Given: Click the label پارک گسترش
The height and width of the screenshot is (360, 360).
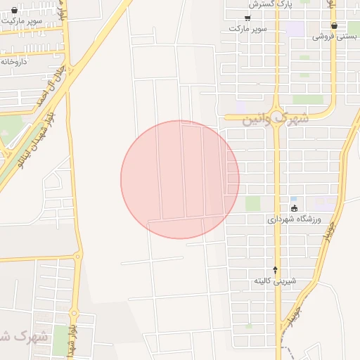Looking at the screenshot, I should [256, 4].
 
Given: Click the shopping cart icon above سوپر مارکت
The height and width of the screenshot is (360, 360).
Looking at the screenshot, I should [247, 18].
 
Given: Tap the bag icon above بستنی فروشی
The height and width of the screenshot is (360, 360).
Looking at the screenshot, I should [333, 25].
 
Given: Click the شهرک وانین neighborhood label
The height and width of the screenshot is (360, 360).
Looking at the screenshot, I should [276, 119].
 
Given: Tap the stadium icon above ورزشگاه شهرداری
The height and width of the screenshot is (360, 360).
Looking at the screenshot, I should [294, 209].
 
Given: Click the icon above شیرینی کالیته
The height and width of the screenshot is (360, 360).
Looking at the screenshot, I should [275, 270].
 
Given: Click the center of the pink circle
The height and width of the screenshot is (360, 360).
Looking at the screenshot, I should [180, 179].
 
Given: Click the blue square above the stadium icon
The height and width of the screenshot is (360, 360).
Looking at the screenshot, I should [293, 199].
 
